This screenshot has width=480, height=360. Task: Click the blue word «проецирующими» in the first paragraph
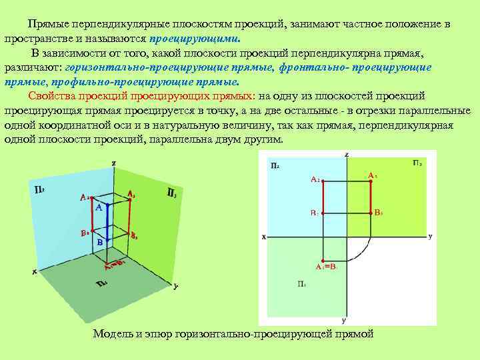[194, 39]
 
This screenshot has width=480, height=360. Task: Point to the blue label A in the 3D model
[98, 208]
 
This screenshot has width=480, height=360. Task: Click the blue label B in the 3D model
[100, 243]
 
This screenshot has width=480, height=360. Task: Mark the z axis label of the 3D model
[114, 163]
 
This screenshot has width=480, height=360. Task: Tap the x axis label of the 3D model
[33, 271]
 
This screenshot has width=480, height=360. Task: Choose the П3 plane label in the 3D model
[171, 193]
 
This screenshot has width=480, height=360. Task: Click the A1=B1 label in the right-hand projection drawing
[327, 267]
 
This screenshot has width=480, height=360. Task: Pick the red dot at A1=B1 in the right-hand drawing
[323, 260]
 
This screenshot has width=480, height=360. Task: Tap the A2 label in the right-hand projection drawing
[315, 179]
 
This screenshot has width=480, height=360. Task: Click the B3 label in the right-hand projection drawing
[378, 213]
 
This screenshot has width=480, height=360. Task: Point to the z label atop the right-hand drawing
[347, 155]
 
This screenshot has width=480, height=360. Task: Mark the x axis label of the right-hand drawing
[264, 237]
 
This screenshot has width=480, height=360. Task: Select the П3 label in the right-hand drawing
[417, 163]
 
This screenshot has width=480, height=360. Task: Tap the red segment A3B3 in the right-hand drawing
[371, 197]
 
